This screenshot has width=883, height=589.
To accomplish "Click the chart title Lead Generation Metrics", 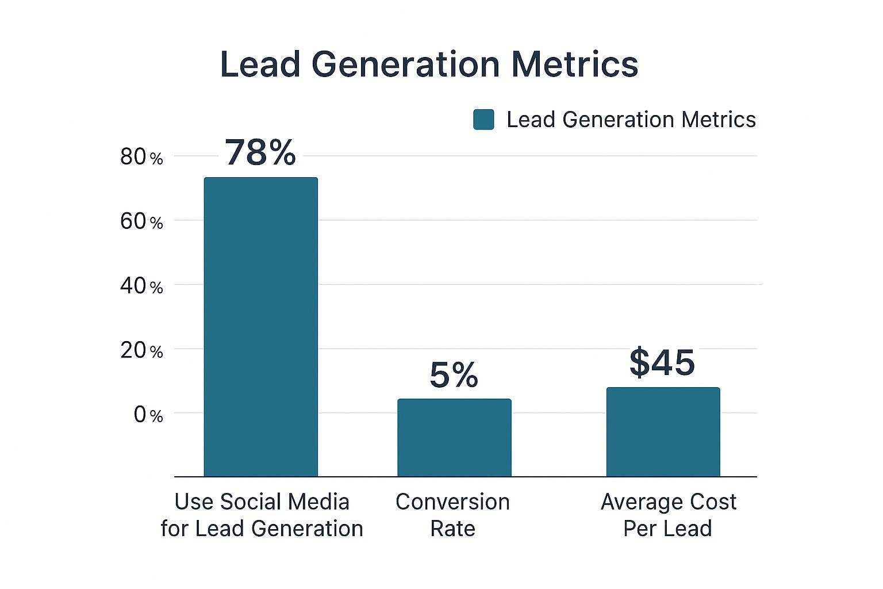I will pyautogui.click(x=429, y=64).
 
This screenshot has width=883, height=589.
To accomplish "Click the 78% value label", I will pyautogui.click(x=260, y=152).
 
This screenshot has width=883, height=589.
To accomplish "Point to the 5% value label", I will pyautogui.click(x=454, y=375).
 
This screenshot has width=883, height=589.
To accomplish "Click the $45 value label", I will pyautogui.click(x=662, y=362).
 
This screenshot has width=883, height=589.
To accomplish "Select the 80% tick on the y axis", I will pyautogui.click(x=141, y=157).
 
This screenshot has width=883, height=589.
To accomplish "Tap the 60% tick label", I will pyautogui.click(x=141, y=221).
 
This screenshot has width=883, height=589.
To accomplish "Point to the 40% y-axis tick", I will pyautogui.click(x=141, y=286).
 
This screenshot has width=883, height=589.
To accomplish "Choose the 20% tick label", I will pyautogui.click(x=141, y=350).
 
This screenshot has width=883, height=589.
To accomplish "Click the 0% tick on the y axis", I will pyautogui.click(x=148, y=415).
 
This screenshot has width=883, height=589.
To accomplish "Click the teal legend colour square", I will pyautogui.click(x=483, y=120).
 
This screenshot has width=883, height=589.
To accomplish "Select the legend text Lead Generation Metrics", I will pyautogui.click(x=631, y=120).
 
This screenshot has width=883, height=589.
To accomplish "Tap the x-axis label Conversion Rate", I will pyautogui.click(x=453, y=515).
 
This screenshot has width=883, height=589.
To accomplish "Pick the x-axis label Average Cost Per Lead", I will pyautogui.click(x=668, y=515).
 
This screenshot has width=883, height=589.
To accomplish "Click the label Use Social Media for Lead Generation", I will pyautogui.click(x=262, y=515).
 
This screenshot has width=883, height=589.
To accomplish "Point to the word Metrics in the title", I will pyautogui.click(x=574, y=64).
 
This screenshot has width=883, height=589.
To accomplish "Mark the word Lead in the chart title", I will pyautogui.click(x=260, y=64).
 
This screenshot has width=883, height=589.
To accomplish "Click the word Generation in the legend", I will pyautogui.click(x=618, y=120).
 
